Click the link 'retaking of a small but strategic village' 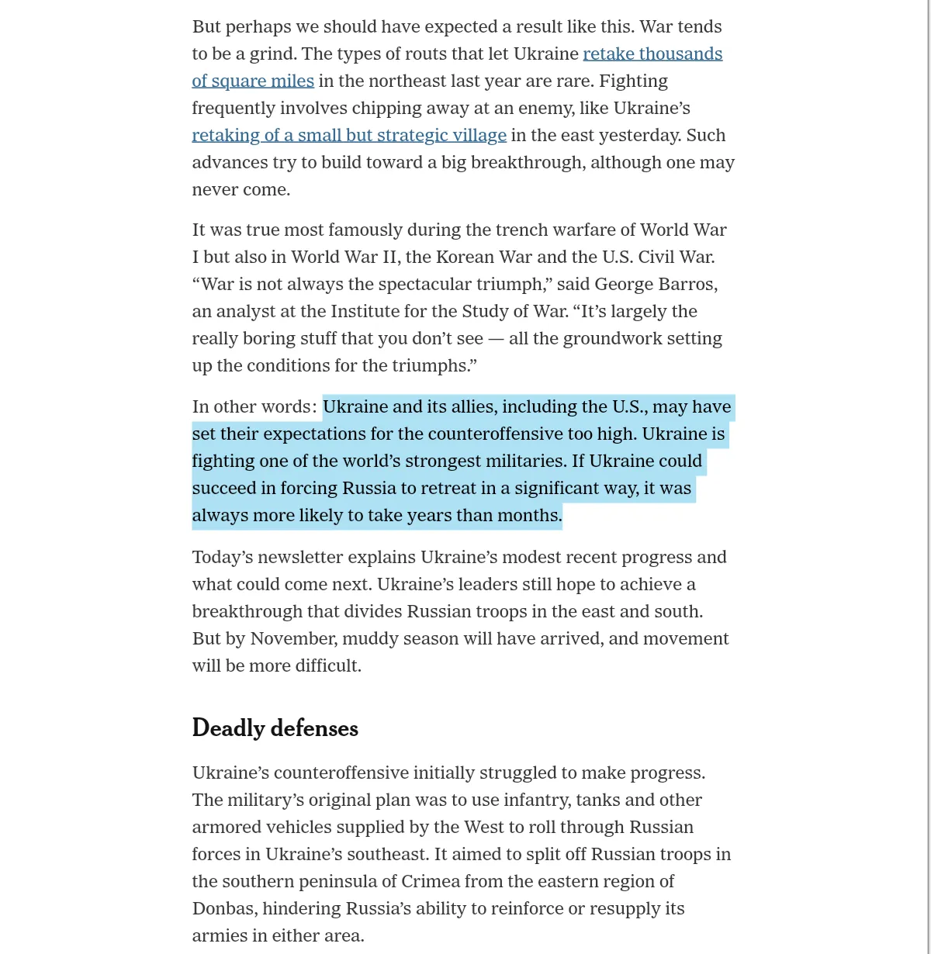click(x=349, y=136)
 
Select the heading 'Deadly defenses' click(x=275, y=728)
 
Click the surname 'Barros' click(x=687, y=285)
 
